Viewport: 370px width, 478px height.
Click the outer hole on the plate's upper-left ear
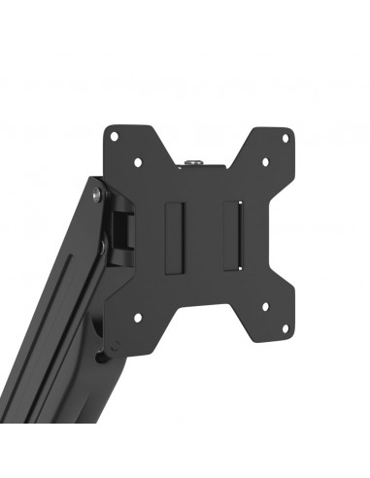[114, 135]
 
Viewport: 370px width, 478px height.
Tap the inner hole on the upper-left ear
[137, 161]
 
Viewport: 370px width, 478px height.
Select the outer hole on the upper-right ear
[284, 137]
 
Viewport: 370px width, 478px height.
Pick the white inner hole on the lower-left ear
[137, 315]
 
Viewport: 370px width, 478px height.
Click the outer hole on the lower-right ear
[284, 335]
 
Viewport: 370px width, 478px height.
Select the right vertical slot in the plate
[232, 236]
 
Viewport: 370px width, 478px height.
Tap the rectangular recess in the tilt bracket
[122, 231]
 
